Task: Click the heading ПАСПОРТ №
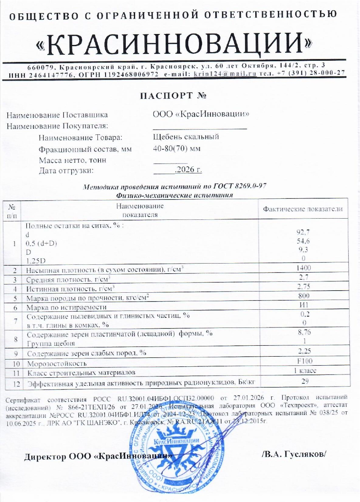click(x=174, y=96)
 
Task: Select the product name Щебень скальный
click(x=186, y=137)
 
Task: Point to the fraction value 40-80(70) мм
click(x=177, y=149)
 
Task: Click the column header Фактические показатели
click(x=303, y=209)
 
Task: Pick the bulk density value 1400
click(x=303, y=268)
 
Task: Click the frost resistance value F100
click(x=303, y=362)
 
